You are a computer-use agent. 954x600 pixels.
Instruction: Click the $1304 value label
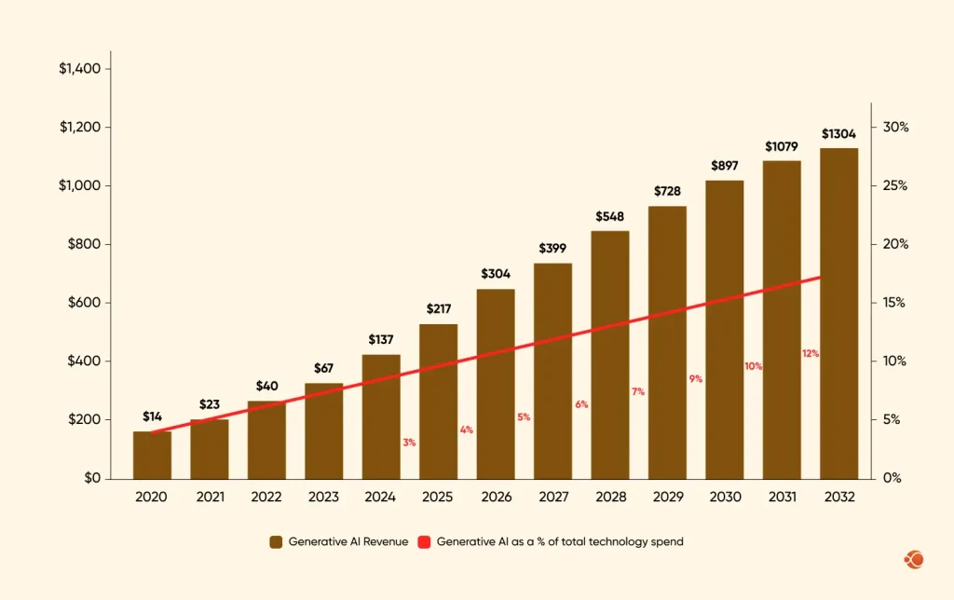point(838,134)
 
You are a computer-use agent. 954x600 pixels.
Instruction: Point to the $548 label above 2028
point(609,216)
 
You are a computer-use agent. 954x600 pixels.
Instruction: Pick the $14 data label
point(151,416)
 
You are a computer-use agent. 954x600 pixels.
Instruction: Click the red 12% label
point(811,353)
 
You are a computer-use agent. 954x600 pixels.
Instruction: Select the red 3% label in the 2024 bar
point(409,442)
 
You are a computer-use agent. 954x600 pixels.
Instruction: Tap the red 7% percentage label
point(638,391)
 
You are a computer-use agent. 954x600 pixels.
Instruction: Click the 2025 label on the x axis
point(438,498)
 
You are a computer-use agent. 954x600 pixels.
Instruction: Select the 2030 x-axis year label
point(724,498)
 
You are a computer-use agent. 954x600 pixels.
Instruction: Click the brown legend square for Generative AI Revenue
point(276,541)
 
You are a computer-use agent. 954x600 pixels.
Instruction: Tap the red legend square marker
point(424,541)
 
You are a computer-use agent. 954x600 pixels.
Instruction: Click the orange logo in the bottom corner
point(913,560)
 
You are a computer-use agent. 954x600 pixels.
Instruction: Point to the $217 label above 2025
point(438,308)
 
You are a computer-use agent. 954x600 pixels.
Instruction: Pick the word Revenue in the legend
point(386,541)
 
